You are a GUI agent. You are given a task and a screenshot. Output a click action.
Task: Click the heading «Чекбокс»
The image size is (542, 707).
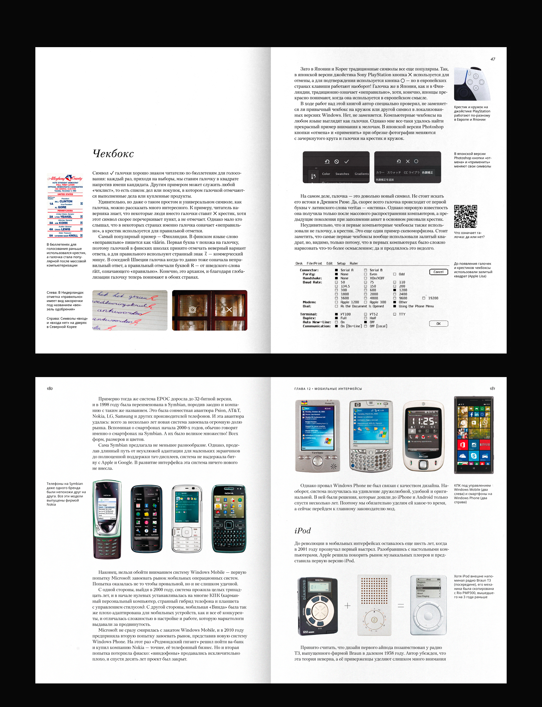113,154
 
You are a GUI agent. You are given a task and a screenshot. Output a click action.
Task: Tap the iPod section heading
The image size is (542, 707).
302,531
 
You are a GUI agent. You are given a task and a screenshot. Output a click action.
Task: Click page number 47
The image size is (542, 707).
493,59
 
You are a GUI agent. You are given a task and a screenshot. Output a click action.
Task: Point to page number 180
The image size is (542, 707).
50,389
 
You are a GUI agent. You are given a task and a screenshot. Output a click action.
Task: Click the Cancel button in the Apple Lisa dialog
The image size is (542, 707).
439,272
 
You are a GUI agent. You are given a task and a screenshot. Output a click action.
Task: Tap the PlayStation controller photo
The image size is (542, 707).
472,84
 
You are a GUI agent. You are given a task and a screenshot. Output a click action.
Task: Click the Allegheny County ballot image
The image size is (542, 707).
65,206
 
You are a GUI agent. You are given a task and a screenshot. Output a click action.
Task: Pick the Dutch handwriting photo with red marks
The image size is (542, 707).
130,310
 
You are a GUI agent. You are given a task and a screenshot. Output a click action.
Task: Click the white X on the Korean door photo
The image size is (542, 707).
229,310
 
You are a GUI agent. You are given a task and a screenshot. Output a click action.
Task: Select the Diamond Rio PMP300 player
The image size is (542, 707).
317,607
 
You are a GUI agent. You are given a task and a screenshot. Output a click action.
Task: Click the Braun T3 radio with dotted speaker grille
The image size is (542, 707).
374,606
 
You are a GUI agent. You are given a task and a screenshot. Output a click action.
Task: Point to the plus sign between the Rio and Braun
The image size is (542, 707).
347,606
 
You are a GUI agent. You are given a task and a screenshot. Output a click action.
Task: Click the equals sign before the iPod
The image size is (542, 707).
401,606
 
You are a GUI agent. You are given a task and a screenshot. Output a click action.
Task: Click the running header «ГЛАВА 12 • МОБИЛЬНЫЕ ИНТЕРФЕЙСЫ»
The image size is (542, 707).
328,389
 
